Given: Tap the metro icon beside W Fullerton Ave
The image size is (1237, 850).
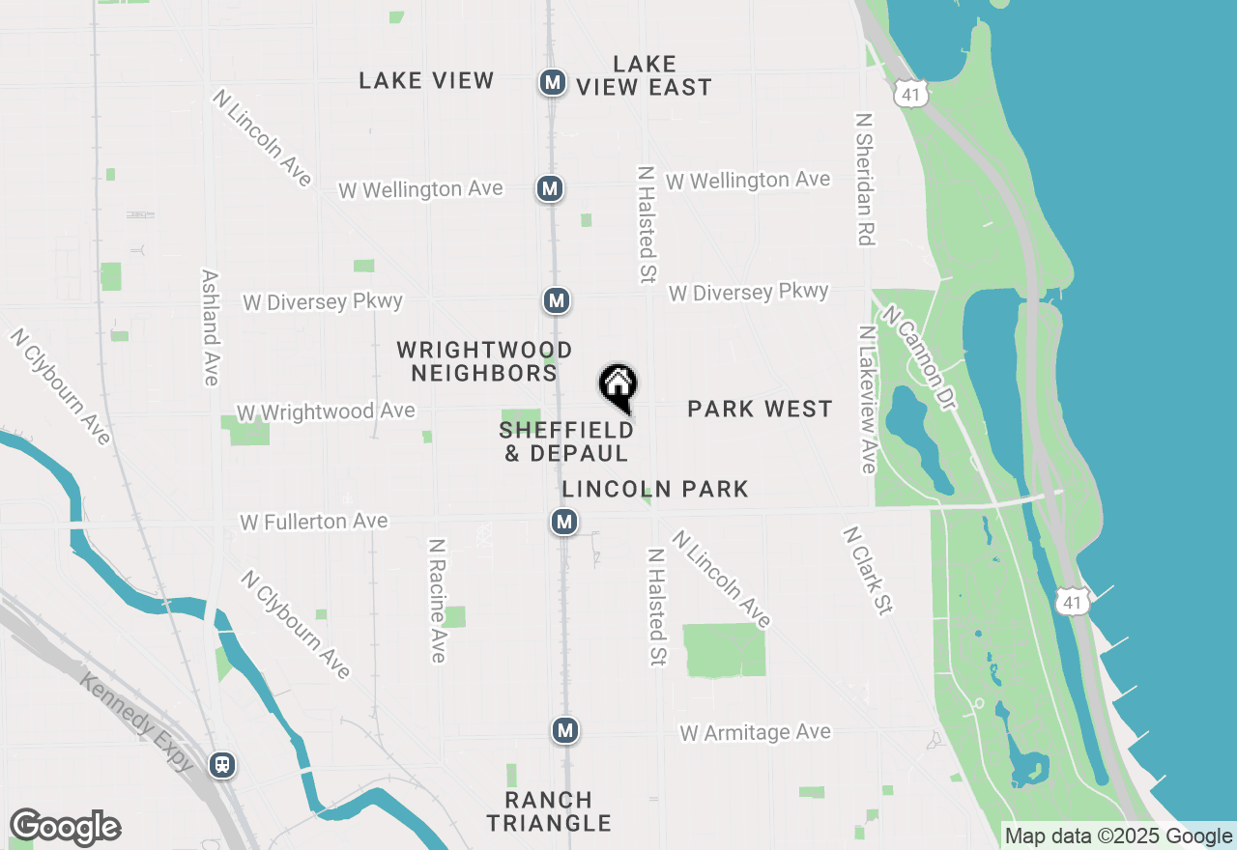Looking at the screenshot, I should click(564, 523).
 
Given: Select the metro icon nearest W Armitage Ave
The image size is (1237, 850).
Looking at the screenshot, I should click(565, 730).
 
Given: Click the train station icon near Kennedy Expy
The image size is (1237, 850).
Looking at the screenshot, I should click(222, 765).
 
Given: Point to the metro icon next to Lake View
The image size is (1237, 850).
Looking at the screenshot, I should click(552, 83).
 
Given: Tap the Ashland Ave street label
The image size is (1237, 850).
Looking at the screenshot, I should click(210, 327).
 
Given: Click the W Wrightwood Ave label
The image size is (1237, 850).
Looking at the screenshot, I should click(326, 412).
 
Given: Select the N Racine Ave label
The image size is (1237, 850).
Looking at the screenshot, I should click(437, 601).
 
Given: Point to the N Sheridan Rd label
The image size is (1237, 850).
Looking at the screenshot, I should click(865, 179).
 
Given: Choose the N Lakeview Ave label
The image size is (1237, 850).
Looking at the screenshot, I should click(867, 399).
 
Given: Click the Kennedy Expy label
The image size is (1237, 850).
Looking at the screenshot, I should click(136, 721).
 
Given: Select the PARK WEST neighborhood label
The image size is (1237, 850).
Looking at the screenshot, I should click(760, 409).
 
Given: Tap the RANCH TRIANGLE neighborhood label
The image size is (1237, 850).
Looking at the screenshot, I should click(549, 811).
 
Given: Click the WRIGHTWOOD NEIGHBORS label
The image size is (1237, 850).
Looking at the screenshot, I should click(484, 361).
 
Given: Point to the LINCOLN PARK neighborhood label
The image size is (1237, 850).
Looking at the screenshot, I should click(655, 489).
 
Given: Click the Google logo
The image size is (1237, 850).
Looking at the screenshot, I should click(65, 828).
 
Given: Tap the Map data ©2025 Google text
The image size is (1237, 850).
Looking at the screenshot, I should click(1118, 836).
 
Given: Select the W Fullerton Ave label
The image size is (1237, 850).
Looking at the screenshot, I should click(314, 522).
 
